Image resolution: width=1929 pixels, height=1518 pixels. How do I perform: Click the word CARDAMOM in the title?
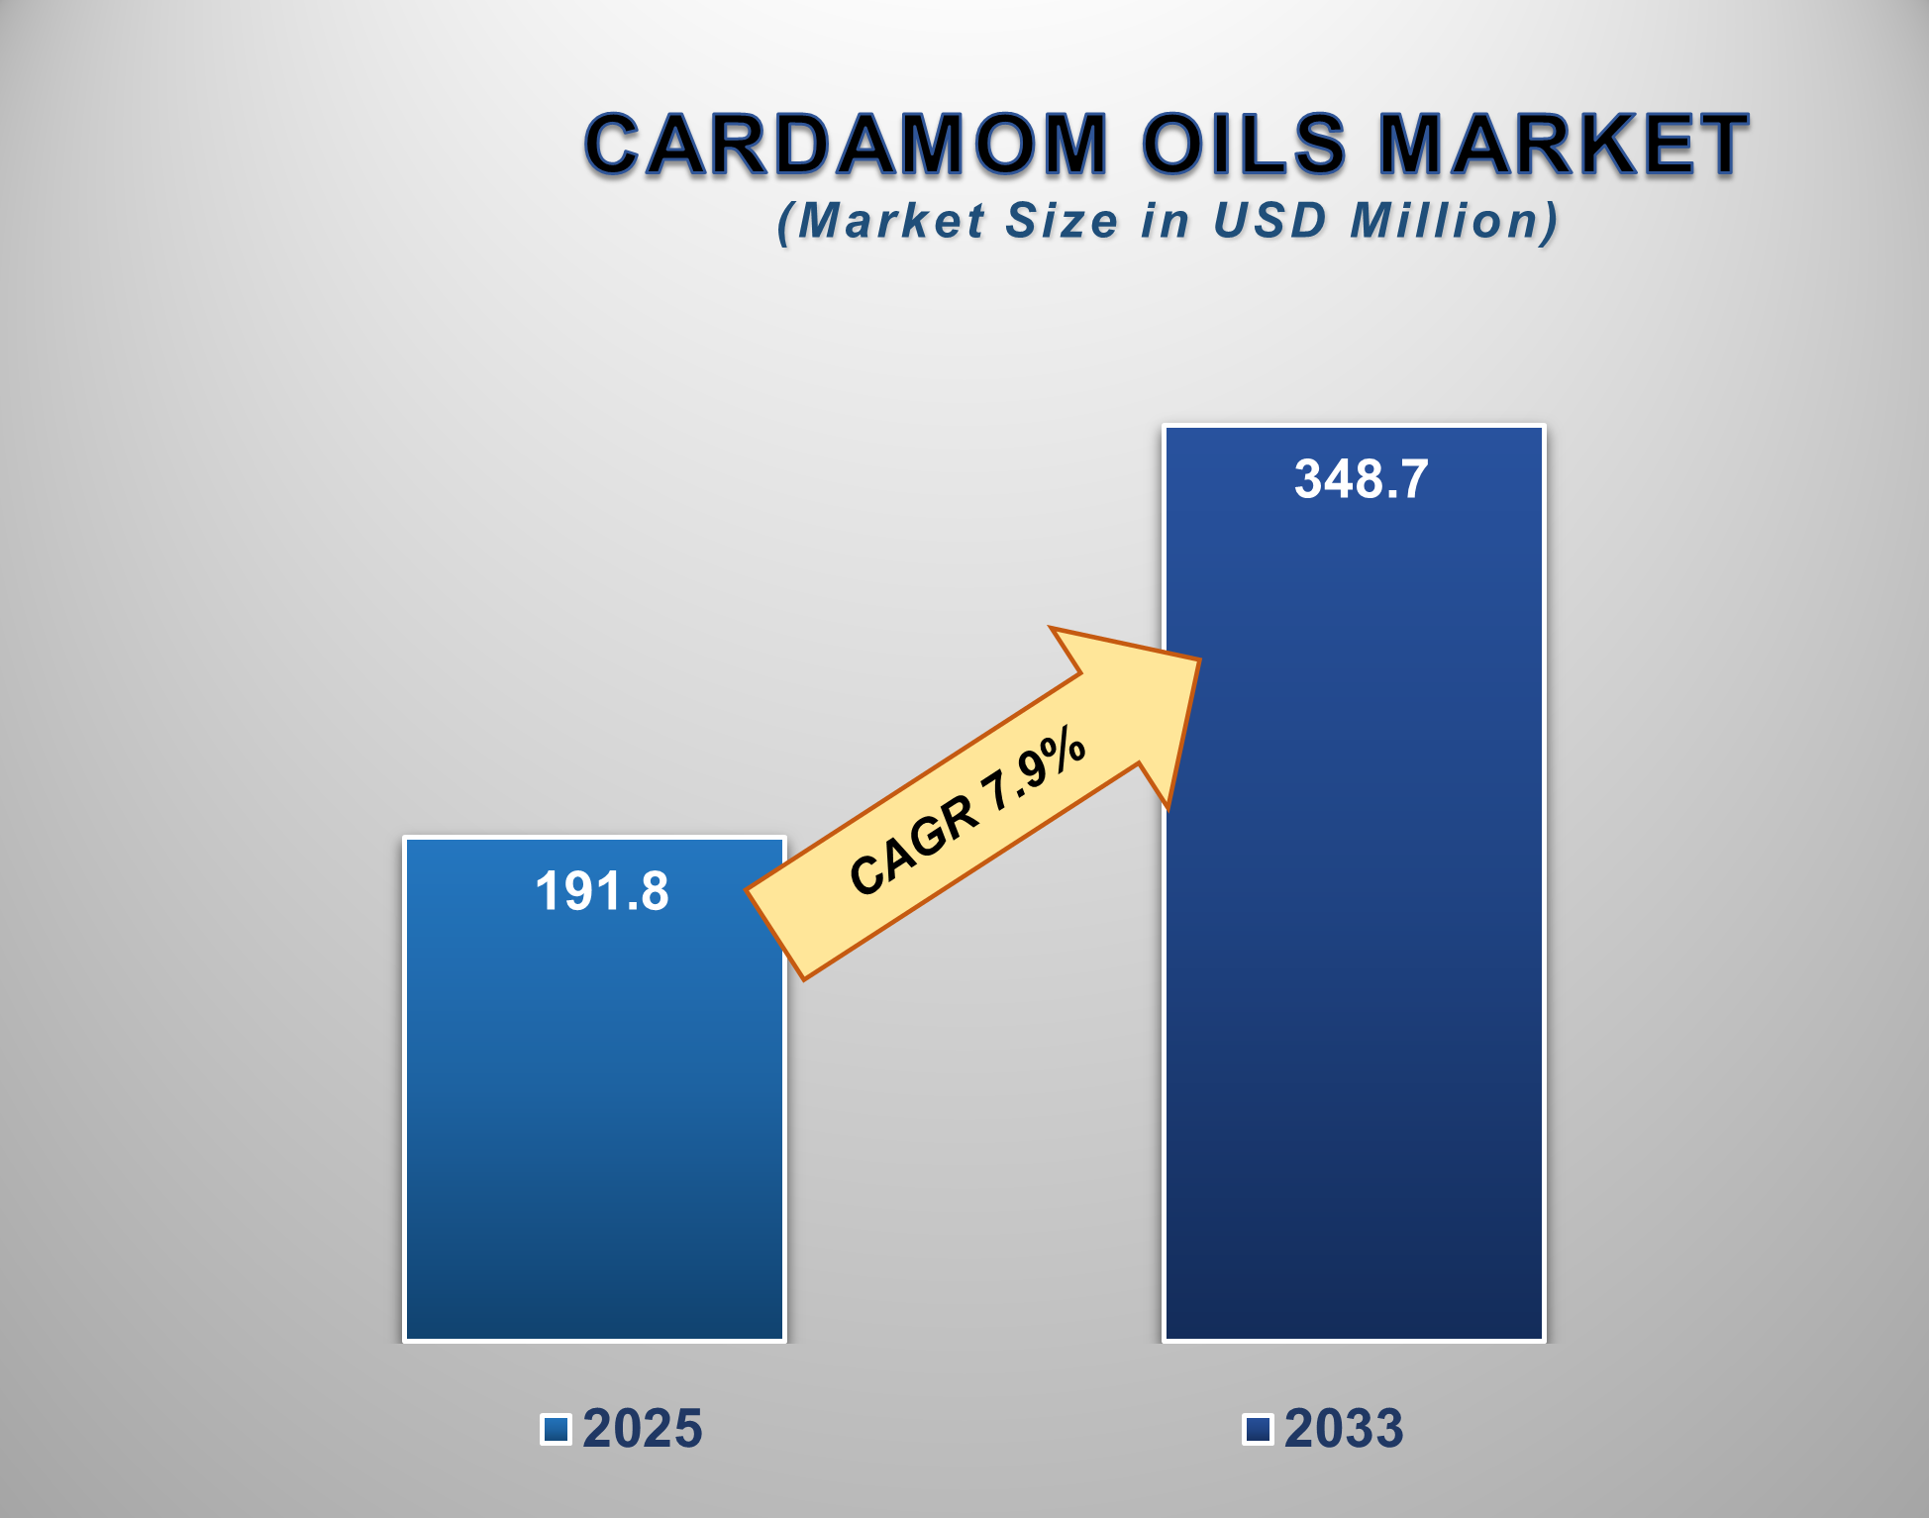pos(846,145)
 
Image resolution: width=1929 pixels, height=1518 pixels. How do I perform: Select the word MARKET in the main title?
pos(1564,145)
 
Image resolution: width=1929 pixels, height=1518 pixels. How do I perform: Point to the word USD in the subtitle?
pos(1269,220)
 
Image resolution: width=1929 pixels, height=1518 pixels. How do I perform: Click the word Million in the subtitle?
pos(1453,220)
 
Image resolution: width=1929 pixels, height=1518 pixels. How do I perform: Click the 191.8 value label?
pos(602,891)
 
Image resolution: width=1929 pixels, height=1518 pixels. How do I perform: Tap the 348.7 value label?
pos(1362,479)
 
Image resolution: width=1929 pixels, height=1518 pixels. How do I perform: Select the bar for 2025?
pos(594,1119)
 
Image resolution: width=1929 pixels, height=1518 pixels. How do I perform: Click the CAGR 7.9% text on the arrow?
pos(967,812)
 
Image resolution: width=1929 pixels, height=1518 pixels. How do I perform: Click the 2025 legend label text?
pos(643,1429)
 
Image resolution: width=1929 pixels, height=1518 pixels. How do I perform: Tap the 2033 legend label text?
pos(1344,1429)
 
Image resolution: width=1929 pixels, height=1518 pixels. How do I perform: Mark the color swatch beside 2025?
pos(557,1429)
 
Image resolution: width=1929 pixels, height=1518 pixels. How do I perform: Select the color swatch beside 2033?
pos(1258,1429)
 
